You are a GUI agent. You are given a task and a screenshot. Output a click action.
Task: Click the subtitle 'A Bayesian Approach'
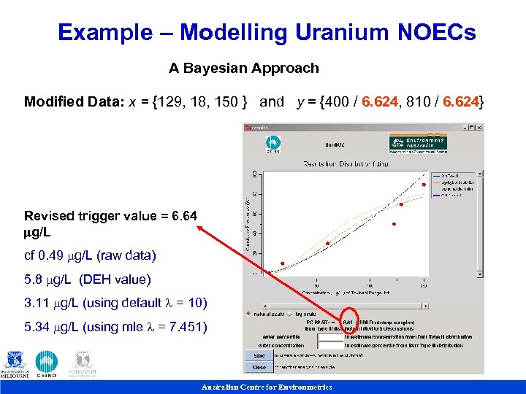tap(244, 69)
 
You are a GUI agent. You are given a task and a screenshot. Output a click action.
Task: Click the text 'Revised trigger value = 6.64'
tap(110, 216)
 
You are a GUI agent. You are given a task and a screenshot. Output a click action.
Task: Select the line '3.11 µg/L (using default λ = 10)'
tap(115, 303)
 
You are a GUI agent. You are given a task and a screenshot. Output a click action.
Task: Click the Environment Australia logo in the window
tap(418, 143)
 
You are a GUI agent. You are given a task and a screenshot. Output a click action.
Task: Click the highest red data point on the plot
tap(424, 185)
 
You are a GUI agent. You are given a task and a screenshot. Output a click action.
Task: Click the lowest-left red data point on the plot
tap(283, 263)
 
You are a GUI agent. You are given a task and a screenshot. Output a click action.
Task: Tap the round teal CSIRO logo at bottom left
tap(47, 362)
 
